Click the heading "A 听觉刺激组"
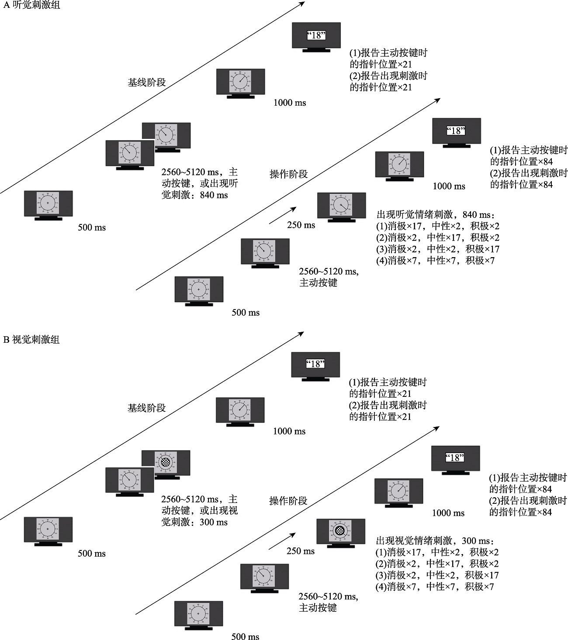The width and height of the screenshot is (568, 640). point(31,5)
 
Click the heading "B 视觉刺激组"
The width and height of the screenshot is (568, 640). point(31,340)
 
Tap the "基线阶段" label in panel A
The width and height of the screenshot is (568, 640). point(147,82)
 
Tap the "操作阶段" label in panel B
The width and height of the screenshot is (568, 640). point(288,501)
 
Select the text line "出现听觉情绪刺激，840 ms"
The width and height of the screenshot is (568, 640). point(436,215)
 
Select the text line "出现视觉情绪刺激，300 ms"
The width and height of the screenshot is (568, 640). point(436,541)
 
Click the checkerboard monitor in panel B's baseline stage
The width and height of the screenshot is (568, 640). point(166,462)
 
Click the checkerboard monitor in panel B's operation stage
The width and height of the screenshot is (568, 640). point(341,531)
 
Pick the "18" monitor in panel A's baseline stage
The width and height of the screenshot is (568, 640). point(316,36)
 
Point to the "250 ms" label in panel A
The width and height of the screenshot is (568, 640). point(301,225)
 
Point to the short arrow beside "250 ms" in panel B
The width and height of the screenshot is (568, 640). point(282,540)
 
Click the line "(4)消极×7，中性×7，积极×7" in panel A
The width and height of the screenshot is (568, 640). point(435,261)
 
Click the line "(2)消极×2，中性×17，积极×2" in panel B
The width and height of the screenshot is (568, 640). point(437,564)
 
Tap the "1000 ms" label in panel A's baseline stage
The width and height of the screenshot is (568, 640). point(290,103)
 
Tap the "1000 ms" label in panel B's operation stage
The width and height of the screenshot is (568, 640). point(448,513)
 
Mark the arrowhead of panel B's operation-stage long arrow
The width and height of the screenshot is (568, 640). point(436,428)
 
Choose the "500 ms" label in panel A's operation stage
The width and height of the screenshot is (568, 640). point(246,313)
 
